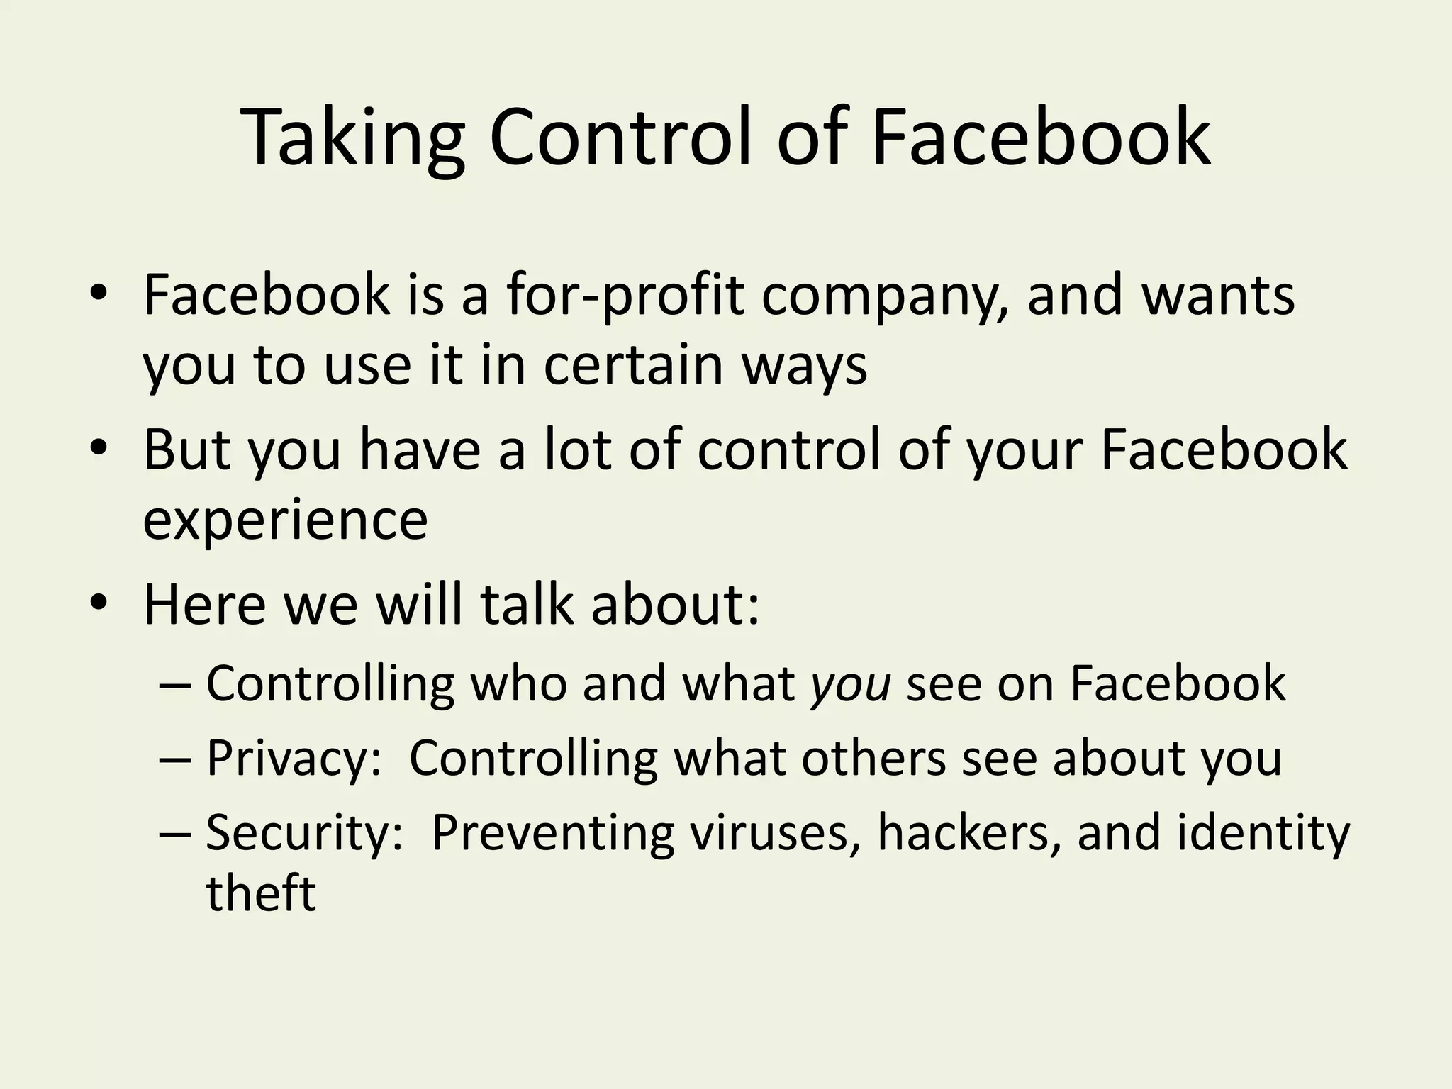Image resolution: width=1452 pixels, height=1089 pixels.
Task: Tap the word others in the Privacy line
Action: (x=873, y=758)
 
